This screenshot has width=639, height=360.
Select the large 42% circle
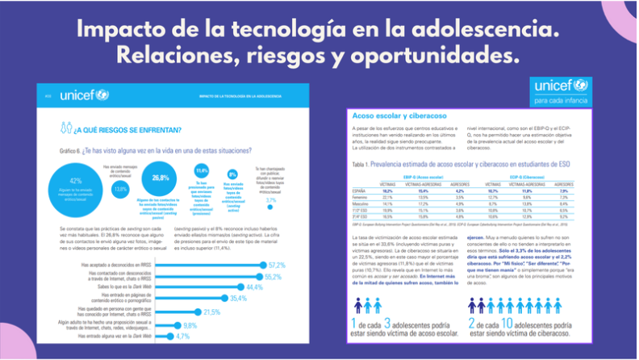pos(77,185)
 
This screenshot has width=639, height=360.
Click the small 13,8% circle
pos(120,189)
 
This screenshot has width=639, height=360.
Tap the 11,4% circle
pos(202,172)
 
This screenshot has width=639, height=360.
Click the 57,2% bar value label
pos(277,265)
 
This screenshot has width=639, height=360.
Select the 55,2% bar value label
pos(274,276)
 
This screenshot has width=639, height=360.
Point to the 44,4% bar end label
pos(255,287)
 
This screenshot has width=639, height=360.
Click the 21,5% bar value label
pos(211,311)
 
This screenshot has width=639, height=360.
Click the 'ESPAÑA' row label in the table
pos(364,192)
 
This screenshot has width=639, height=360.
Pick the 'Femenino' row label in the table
pos(365,199)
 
